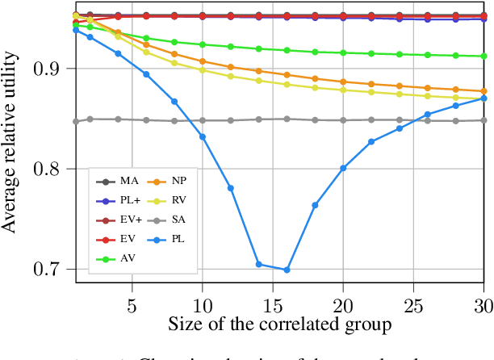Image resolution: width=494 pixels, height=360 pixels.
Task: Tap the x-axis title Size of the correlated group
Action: click(x=281, y=325)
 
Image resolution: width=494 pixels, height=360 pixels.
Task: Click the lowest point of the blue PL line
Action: click(x=287, y=270)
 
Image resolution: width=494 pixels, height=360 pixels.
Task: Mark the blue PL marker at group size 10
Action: click(x=203, y=136)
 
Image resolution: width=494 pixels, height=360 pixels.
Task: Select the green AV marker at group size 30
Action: click(x=484, y=57)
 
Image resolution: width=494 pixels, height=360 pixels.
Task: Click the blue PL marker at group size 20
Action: click(x=343, y=168)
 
